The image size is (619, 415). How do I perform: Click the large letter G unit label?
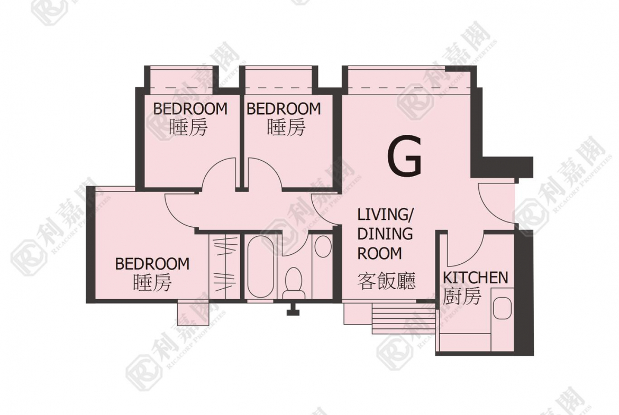tap(405, 156)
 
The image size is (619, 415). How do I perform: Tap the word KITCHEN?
tap(475, 278)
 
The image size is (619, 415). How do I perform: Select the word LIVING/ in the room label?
tap(385, 215)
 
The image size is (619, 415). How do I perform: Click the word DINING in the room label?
tap(385, 234)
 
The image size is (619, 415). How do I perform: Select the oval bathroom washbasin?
tap(323, 246)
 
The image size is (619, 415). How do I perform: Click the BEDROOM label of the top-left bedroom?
tap(190, 108)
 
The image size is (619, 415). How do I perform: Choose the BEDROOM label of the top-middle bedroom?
tap(284, 108)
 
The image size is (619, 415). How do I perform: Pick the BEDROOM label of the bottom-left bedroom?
tap(152, 264)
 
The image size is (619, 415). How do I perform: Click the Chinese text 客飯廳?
tap(387, 282)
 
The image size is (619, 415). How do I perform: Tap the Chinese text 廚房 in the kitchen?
tap(462, 296)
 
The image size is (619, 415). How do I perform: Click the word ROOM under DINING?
tap(379, 253)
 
